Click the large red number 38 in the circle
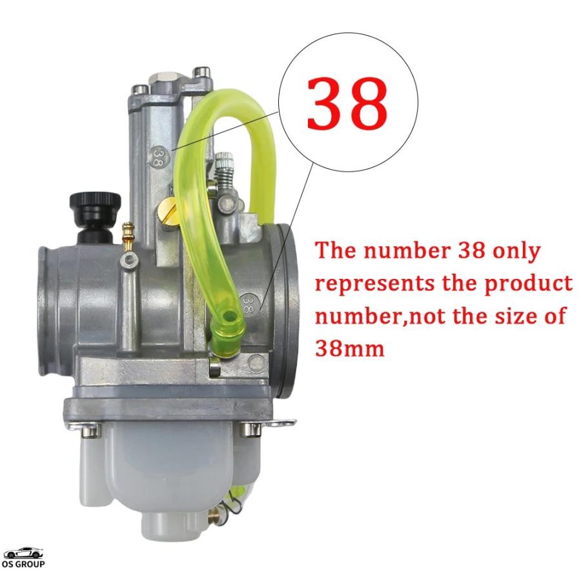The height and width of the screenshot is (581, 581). [347, 103]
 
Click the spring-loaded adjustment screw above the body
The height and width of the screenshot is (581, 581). [223, 170]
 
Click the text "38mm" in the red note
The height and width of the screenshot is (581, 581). [349, 349]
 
